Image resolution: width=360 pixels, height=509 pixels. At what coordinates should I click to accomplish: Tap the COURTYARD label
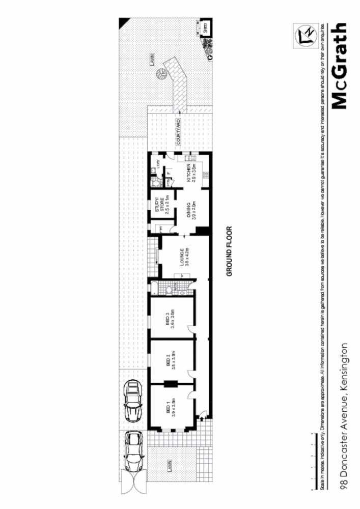coord(179,132)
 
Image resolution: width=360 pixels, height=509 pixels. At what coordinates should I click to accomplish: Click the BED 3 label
coord(170,318)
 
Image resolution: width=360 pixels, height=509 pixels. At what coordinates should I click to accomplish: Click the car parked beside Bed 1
coord(133,400)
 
